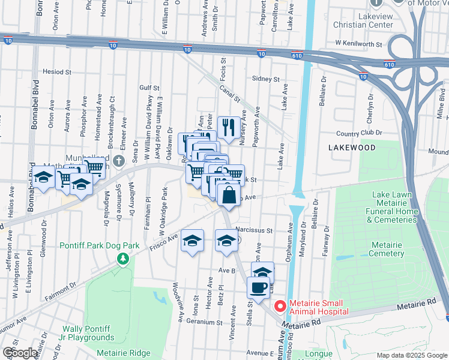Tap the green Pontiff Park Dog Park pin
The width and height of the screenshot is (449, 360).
click(123, 258)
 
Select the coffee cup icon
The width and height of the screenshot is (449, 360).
click(259, 287)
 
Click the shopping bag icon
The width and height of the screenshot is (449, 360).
click(229, 195)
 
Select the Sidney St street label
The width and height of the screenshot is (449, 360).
click(266, 79)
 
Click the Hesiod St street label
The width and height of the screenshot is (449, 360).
click(57, 71)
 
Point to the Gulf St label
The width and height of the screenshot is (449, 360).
click(148, 87)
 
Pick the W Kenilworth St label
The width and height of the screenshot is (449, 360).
click(359, 44)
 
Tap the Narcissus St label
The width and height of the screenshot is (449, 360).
click(254, 230)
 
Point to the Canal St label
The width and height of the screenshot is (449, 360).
click(229, 94)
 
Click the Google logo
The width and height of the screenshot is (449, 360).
click(20, 353)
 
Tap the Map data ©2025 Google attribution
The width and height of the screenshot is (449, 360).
click(412, 355)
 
